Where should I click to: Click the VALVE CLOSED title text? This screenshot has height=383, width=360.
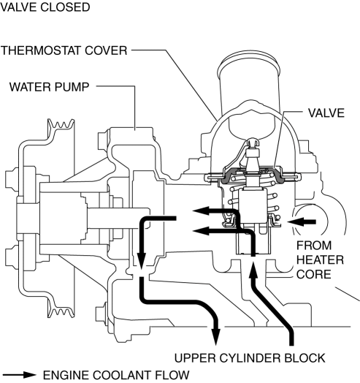pos(45,7)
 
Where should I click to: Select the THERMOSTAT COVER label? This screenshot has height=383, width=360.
pos(64,50)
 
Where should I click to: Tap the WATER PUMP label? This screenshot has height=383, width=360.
pos(50,87)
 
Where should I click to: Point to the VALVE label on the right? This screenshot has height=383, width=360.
pos(326,113)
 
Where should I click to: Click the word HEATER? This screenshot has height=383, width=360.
pos(321,260)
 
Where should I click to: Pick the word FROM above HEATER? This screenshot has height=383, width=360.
pos(314,246)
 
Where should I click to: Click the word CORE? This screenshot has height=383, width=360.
pos(314,274)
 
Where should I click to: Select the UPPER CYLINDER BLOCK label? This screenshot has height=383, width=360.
pos(250,358)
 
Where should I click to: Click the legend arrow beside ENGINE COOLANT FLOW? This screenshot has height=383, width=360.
pos(19,375)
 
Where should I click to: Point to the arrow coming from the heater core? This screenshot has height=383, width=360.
pos(302,221)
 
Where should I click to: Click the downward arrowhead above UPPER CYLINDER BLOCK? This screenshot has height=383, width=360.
pos(215,337)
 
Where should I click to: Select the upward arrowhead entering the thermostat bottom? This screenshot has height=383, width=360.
pos(253,270)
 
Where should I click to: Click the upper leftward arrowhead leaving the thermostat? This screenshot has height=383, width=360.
pos(201,211)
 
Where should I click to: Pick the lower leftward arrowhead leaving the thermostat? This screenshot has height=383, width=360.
pos(201,230)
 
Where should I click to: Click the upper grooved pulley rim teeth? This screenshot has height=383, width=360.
pos(61,124)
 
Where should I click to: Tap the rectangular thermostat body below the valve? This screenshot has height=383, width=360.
pos(253,205)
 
